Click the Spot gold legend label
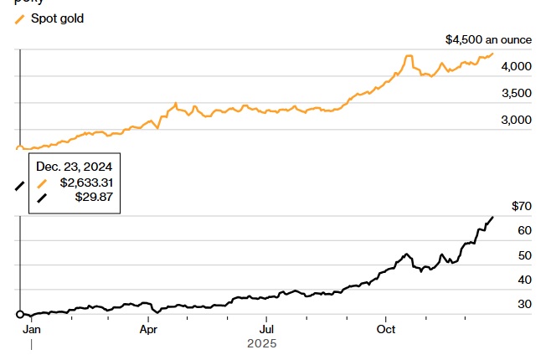click(58, 18)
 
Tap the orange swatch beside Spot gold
click(20, 18)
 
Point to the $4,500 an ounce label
click(489, 39)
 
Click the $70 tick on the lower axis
click(521, 206)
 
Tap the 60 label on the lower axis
click(525, 230)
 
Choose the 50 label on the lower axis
click(525, 255)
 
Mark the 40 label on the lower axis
click(525, 280)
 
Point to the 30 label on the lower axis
click(525, 304)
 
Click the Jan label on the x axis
click(31, 329)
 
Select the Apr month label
click(148, 329)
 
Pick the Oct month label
click(385, 329)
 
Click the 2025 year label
click(261, 343)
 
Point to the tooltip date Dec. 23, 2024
click(75, 167)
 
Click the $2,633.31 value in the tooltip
click(85, 182)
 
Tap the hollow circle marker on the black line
click(19, 315)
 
